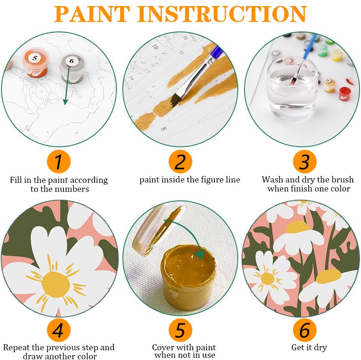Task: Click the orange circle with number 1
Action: tap(59, 161)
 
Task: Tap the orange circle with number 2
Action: tap(180, 161)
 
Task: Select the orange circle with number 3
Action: tap(305, 161)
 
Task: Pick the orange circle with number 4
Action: tap(59, 330)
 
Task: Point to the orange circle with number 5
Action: tap(180, 330)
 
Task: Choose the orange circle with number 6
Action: tap(305, 330)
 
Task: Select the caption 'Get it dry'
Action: tap(309, 347)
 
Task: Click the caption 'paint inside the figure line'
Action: tap(190, 180)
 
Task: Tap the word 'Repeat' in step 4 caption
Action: tap(16, 348)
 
